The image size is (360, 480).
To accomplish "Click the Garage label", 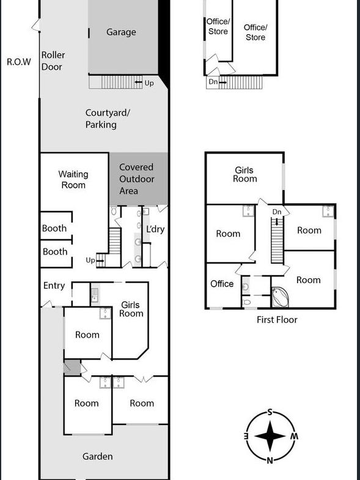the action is click(121, 32).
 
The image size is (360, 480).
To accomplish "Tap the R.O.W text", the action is click(19, 62).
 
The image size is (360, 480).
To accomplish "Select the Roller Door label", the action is click(53, 61).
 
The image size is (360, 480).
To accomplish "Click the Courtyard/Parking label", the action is click(108, 119).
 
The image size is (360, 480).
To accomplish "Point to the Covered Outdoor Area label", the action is click(136, 179).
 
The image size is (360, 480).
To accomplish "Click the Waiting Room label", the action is click(73, 180).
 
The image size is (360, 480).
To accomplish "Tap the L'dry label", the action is click(155, 229).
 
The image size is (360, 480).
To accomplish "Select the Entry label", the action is click(54, 286).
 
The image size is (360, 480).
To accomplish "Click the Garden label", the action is click(98, 456).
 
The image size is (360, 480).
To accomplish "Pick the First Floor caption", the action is click(277, 320).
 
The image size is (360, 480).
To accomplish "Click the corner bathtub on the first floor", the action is click(280, 297).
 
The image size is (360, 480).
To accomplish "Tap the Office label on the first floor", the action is click(222, 284).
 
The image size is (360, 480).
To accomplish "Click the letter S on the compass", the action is click(270, 412).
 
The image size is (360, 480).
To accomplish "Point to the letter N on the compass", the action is click(270, 460).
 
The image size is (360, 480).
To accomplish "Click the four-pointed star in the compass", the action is click(270, 436).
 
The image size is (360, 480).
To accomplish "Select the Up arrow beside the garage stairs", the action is click(138, 83).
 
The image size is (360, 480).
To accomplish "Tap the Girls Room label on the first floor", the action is click(244, 174).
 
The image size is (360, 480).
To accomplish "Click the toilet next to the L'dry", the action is click(114, 211).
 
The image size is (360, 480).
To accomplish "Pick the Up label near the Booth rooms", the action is click(90, 260).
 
